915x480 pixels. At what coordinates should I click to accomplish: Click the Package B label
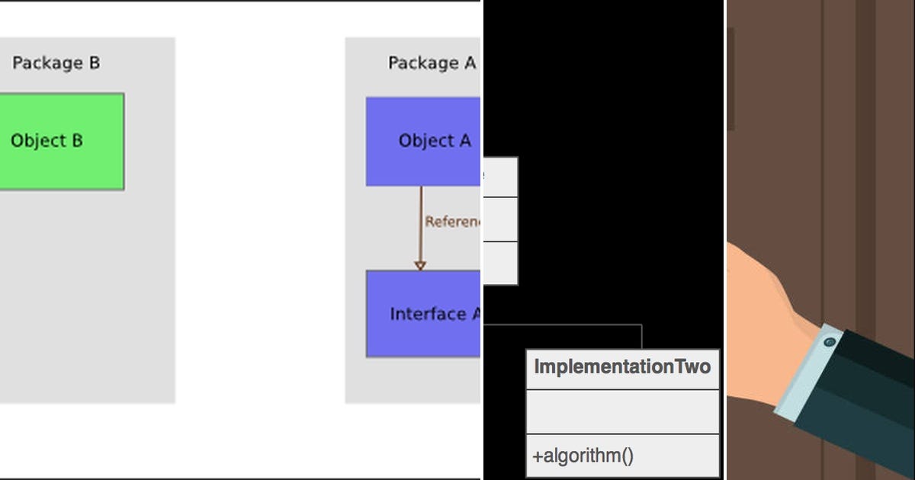(x=56, y=63)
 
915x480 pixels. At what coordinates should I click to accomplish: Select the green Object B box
(x=61, y=142)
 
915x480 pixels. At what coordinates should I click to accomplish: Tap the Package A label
(x=432, y=63)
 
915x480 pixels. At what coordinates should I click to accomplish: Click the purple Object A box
(x=424, y=142)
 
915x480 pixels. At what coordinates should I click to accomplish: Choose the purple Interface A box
(x=424, y=314)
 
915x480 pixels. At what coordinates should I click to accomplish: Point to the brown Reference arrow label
(x=453, y=222)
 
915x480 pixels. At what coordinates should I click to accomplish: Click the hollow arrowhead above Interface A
(x=419, y=264)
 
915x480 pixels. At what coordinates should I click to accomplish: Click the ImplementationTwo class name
(x=622, y=367)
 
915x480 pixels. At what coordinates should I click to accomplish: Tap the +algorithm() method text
(x=583, y=456)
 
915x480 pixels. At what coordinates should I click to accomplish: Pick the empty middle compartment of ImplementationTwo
(x=622, y=412)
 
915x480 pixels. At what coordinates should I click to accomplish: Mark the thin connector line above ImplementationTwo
(x=564, y=325)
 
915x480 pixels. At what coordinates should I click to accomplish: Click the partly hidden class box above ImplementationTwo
(x=501, y=221)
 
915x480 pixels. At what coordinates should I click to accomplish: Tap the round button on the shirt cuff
(x=830, y=343)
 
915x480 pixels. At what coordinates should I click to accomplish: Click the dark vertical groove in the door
(x=865, y=152)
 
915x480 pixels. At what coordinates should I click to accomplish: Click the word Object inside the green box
(x=38, y=142)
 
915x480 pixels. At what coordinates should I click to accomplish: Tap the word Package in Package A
(x=419, y=63)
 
